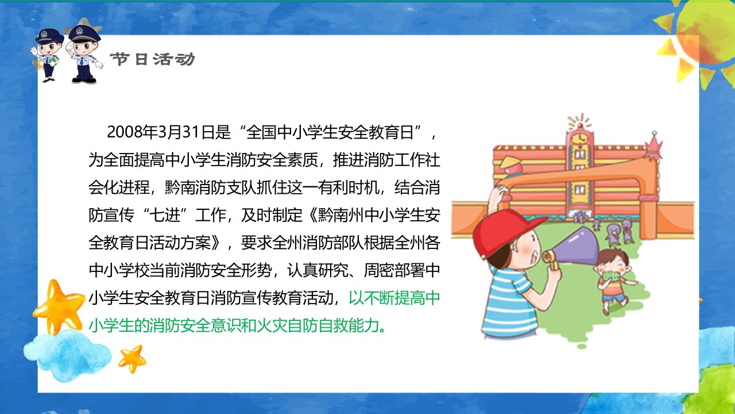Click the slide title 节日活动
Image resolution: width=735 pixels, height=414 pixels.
click(x=152, y=59)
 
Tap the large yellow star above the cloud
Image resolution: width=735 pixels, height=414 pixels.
click(x=58, y=306)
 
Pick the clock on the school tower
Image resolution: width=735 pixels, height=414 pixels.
click(x=580, y=138)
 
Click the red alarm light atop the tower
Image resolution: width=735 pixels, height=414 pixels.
click(x=580, y=125)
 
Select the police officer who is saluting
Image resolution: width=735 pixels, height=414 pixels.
click(x=84, y=54)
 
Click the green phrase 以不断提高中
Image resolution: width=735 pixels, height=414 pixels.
click(x=394, y=298)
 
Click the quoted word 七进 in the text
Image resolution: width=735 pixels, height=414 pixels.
click(x=165, y=216)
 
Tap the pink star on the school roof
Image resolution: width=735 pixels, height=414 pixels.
click(x=653, y=147)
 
